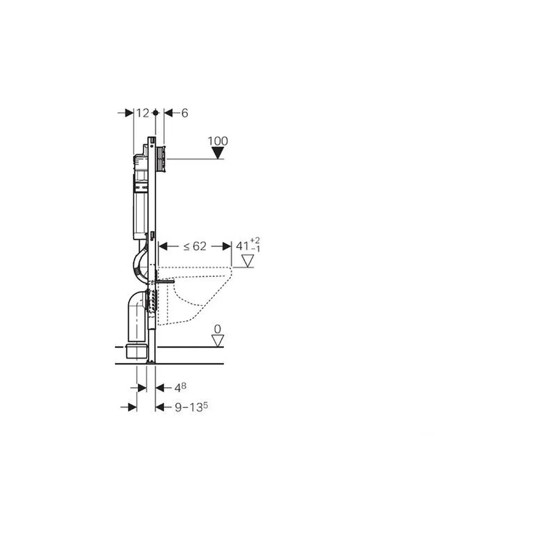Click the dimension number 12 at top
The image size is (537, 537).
coord(143,113)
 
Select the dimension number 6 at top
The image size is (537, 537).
coord(185,113)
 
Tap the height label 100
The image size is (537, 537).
coord(218,141)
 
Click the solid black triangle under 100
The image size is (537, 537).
coord(218,153)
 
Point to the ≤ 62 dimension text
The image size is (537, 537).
coord(195,246)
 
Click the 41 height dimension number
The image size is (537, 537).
coord(243,246)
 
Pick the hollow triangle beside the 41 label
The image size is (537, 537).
coord(248,260)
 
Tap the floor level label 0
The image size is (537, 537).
coord(217,329)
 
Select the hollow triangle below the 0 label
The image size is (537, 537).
coord(217,341)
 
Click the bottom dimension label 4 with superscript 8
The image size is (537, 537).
coord(180,387)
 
